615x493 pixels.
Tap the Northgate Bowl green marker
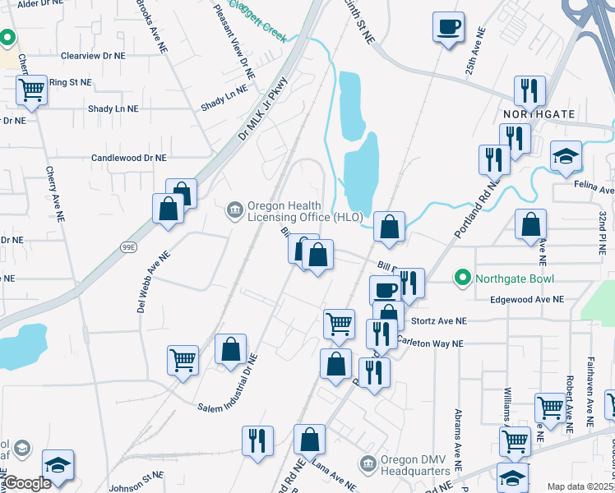click(462, 279)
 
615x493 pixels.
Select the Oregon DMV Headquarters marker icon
click(368, 465)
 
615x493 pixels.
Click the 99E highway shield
click(128, 246)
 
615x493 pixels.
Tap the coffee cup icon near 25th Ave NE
click(448, 26)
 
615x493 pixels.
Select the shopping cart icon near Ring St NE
click(31, 89)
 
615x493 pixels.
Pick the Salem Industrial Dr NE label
click(228, 384)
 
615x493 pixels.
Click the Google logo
click(27, 482)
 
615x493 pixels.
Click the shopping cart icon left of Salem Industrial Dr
click(182, 359)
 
